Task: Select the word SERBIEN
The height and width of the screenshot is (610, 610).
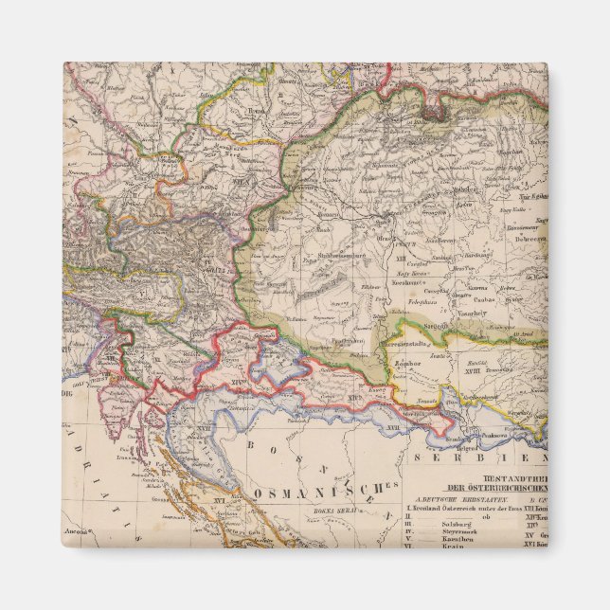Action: click(x=503, y=458)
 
